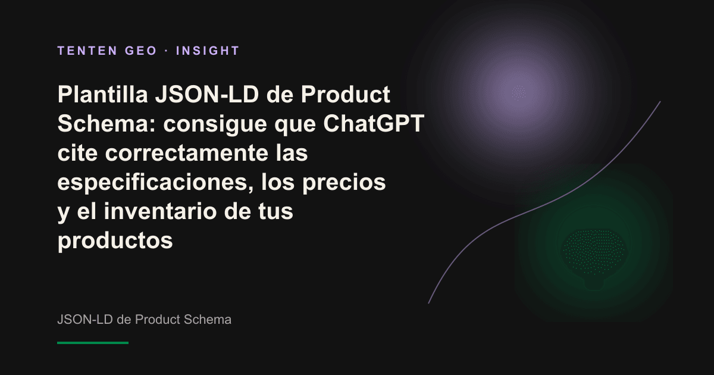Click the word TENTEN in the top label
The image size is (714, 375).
click(x=87, y=51)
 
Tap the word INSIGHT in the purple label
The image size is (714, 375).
click(x=208, y=51)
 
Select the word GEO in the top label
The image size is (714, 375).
click(x=141, y=51)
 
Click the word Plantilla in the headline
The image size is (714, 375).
click(x=102, y=95)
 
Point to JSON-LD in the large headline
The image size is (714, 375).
click(x=207, y=95)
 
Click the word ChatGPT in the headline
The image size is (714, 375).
click(x=374, y=123)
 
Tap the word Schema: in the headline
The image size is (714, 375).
click(x=107, y=123)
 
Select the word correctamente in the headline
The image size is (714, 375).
click(x=187, y=153)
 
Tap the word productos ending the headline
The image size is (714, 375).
click(x=115, y=241)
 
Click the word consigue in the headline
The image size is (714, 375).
click(x=215, y=124)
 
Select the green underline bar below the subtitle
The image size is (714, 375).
click(x=93, y=343)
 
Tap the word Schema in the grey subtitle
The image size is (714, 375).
click(x=208, y=320)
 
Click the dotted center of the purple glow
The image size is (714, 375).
click(x=519, y=92)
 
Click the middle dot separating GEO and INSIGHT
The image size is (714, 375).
click(x=167, y=51)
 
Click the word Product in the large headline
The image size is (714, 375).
click(x=346, y=95)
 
